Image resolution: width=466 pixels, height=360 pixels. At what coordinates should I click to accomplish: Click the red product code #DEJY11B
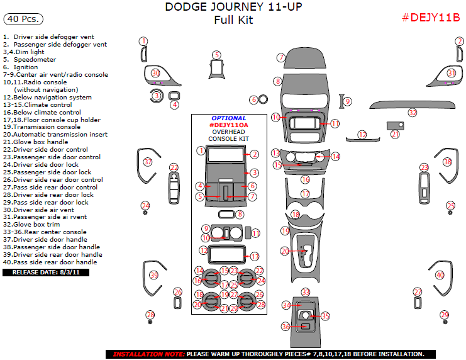(x=431, y=18)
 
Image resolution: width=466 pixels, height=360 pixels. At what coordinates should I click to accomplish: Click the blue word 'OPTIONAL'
(x=228, y=118)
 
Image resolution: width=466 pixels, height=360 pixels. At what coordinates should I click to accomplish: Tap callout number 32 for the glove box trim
(x=413, y=113)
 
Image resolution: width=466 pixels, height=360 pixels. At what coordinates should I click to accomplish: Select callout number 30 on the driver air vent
(x=155, y=74)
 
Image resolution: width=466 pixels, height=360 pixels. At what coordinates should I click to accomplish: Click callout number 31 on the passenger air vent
(x=451, y=74)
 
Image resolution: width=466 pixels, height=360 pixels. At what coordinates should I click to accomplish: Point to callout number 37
(x=148, y=162)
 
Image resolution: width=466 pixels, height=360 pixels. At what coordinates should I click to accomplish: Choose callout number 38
(x=447, y=162)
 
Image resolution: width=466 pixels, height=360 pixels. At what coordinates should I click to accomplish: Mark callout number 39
(x=153, y=275)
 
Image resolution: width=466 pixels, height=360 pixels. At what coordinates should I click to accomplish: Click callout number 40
(x=440, y=275)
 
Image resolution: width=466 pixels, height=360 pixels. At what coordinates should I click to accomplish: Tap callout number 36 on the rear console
(x=286, y=327)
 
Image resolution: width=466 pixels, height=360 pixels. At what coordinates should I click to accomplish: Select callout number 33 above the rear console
(x=306, y=292)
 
